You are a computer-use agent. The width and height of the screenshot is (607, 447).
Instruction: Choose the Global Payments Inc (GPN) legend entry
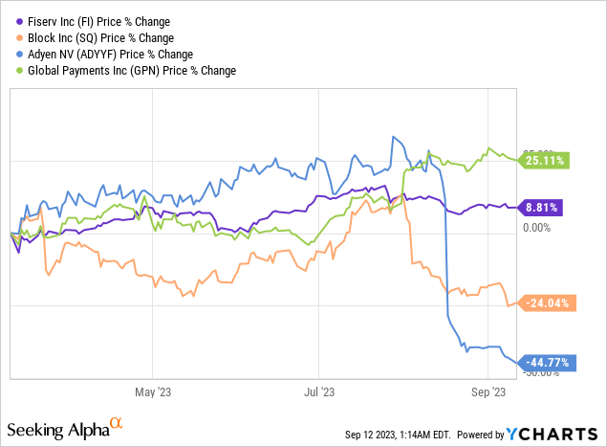click(x=131, y=70)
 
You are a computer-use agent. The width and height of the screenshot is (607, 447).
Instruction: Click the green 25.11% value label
click(x=545, y=159)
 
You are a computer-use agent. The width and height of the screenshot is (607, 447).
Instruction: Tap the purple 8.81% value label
click(x=543, y=206)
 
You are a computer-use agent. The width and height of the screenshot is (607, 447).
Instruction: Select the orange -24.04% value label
click(x=545, y=303)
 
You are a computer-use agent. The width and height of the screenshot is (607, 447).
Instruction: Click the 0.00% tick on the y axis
click(x=535, y=228)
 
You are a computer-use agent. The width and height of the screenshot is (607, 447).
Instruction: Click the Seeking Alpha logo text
click(x=61, y=425)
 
